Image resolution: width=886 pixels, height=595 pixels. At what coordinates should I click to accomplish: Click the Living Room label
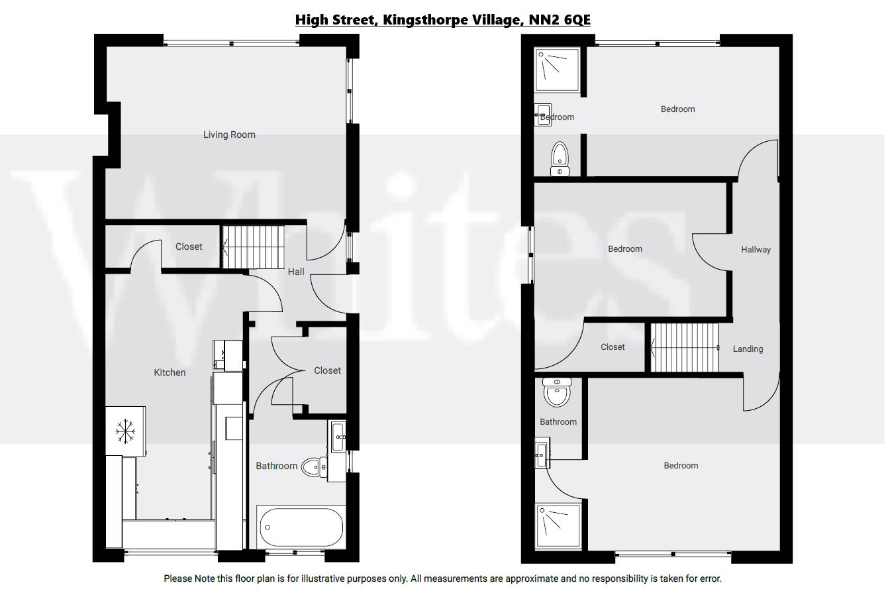coord(228,135)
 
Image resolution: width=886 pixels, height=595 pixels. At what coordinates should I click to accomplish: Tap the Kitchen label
coord(170,372)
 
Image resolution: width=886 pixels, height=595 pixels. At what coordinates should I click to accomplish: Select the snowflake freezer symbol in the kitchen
coord(125,431)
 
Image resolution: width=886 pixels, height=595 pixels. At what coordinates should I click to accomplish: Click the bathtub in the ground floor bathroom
coord(301,527)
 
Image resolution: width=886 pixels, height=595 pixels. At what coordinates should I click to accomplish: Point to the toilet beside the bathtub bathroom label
coord(314,467)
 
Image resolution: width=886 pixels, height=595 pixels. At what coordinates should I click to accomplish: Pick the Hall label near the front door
coord(296,272)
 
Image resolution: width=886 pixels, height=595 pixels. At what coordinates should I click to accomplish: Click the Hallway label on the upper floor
coord(756,250)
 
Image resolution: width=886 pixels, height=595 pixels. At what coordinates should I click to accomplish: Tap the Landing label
coord(748,349)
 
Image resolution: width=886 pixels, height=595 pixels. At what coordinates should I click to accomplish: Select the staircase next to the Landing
coord(684,347)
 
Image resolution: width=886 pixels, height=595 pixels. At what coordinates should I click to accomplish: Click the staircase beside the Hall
coord(252,246)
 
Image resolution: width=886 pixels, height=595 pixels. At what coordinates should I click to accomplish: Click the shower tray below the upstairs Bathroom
coord(558,525)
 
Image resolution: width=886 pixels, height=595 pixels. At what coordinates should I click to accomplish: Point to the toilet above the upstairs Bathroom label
coord(557,393)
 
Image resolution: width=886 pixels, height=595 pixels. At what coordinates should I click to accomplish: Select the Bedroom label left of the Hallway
coord(625,249)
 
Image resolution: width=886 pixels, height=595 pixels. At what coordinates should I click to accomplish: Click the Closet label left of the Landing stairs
coord(613,347)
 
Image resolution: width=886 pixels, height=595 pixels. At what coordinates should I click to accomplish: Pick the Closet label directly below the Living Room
coord(189,246)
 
